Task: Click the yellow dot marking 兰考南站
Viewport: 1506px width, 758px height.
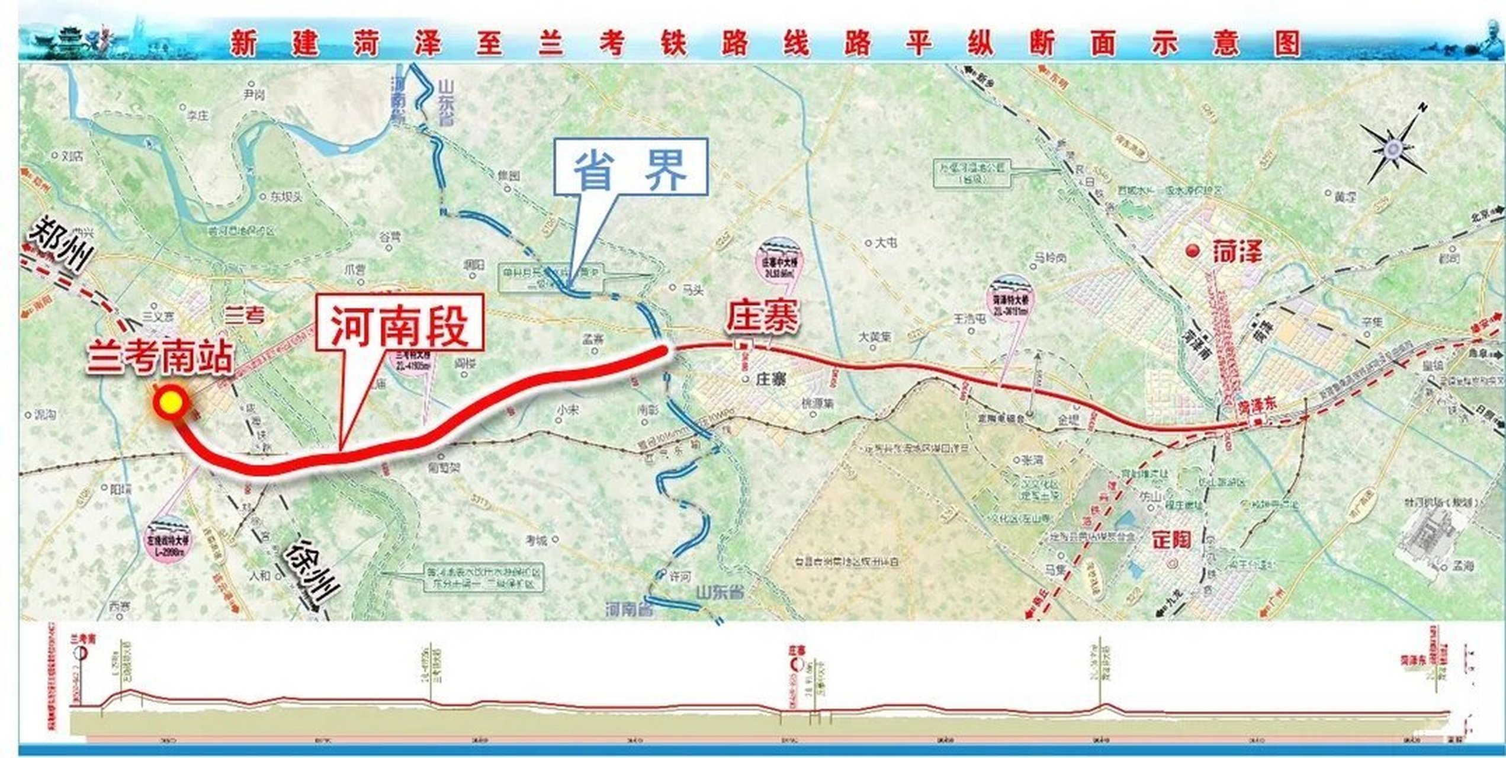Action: tap(171, 403)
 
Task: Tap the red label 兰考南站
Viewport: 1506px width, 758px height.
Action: tap(160, 358)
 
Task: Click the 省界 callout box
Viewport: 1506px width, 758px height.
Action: tap(631, 168)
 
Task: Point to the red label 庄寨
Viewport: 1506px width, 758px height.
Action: tap(763, 316)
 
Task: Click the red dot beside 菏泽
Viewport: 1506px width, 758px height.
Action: tap(1192, 251)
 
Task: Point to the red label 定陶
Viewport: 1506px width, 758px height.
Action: tap(1171, 540)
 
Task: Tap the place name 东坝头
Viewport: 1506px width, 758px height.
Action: tap(286, 197)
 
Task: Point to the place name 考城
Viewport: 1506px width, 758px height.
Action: tap(537, 540)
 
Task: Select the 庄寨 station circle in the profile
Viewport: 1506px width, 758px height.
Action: tap(797, 665)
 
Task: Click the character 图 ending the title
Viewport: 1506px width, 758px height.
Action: tap(1286, 43)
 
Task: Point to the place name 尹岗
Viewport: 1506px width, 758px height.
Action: tap(253, 95)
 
